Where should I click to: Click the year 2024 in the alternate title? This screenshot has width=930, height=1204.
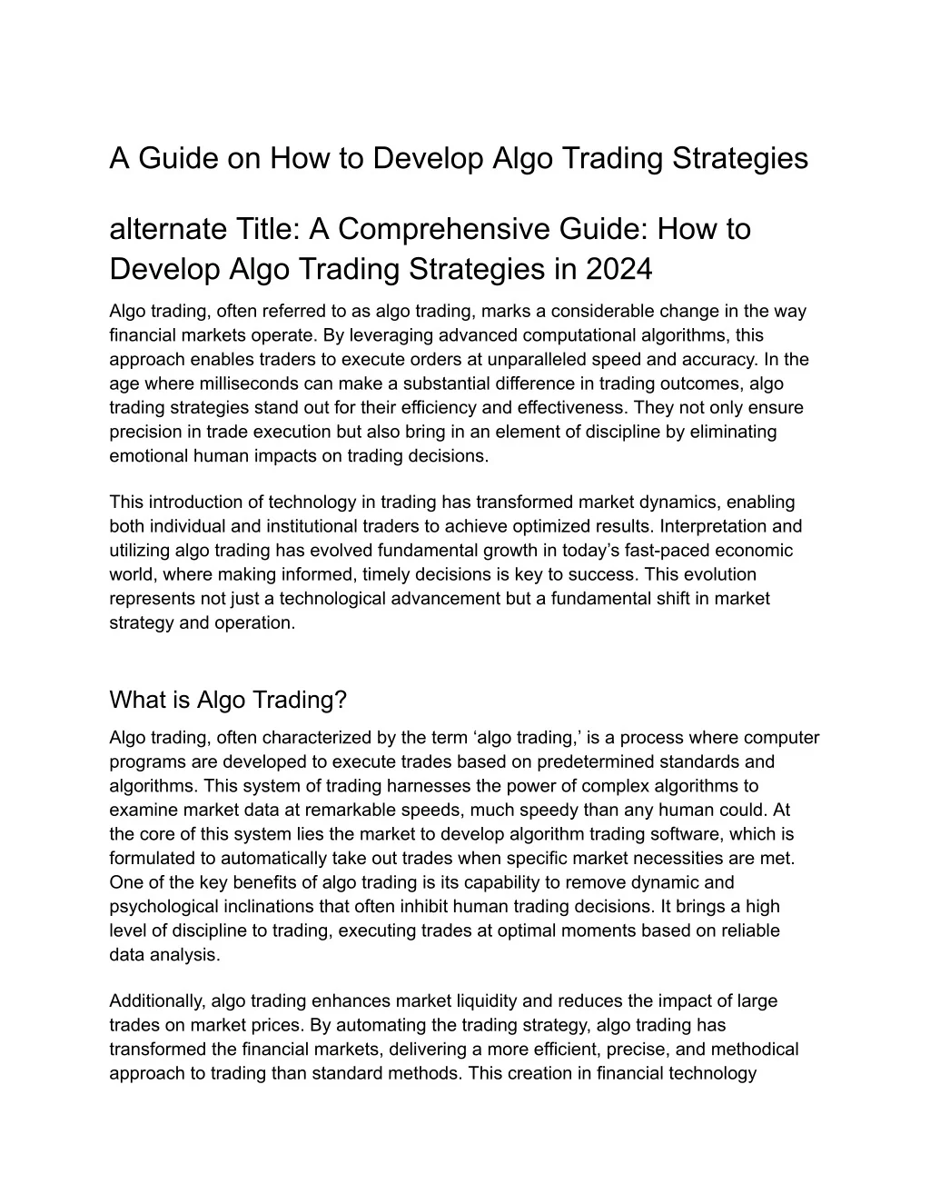[618, 269]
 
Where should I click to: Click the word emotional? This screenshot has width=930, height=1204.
[148, 455]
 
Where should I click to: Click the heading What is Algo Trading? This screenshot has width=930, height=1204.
[228, 700]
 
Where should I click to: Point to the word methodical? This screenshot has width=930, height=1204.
[755, 1050]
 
